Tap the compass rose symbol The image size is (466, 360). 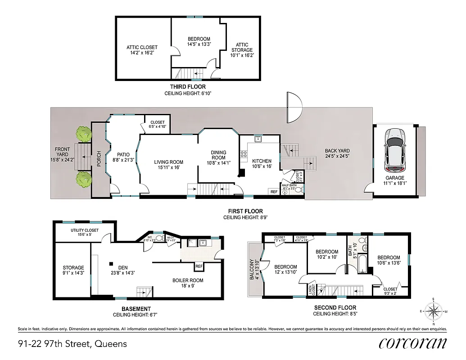tap(433, 310)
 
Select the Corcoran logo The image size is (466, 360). tap(412, 343)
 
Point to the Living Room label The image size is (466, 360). tap(169, 165)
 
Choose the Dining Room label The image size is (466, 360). tap(218, 157)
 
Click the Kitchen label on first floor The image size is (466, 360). tap(262, 163)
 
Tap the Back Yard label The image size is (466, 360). tap(338, 153)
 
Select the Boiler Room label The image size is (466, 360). tap(188, 283)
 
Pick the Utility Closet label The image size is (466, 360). tap(84, 233)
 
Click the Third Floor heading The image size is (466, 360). tap(188, 87)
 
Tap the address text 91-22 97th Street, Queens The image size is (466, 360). tap(72, 344)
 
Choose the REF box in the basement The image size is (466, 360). tap(199, 266)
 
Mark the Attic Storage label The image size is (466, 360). tap(242, 49)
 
